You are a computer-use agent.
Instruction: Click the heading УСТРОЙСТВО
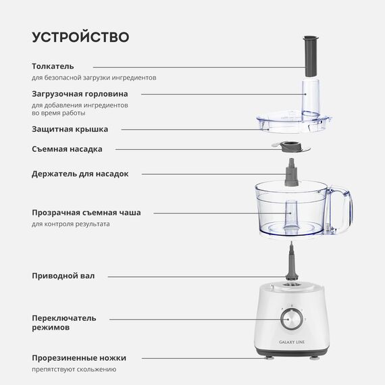(x=80, y=37)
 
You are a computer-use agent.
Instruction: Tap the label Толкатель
(x=53, y=66)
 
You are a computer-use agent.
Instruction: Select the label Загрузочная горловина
(x=80, y=94)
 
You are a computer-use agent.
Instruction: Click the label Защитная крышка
(x=70, y=129)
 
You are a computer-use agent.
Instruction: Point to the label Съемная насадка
(x=67, y=149)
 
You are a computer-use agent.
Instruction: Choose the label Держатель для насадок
(x=80, y=174)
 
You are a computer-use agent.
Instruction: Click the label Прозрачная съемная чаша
(x=86, y=213)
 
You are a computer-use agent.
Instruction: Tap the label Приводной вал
(x=63, y=276)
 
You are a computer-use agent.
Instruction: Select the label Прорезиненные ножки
(x=79, y=358)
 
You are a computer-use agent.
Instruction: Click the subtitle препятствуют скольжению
(x=74, y=369)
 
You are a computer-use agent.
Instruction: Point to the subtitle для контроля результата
(x=71, y=224)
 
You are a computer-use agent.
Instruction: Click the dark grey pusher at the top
(x=311, y=56)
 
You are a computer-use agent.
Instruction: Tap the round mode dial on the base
(x=291, y=319)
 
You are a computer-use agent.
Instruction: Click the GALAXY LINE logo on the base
(x=292, y=342)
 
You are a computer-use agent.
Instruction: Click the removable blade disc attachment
(x=291, y=147)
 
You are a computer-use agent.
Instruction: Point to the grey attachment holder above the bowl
(x=292, y=172)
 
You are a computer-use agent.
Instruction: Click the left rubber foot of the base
(x=268, y=358)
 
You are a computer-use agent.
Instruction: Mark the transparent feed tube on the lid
(x=311, y=98)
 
